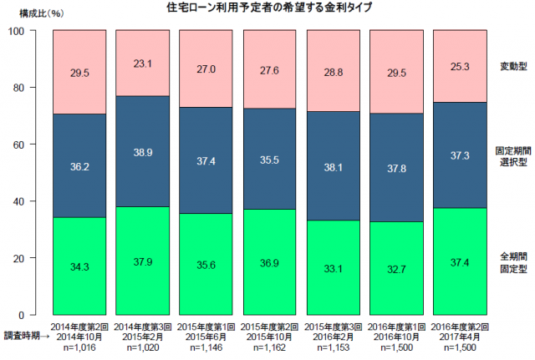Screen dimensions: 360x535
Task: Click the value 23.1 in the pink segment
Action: coord(143,61)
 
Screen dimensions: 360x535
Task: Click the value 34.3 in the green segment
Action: coord(79,266)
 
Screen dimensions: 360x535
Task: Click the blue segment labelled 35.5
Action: coord(270,159)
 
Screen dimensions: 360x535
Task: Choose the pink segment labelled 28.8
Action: coord(334,71)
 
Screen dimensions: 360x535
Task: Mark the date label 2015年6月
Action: coord(206,334)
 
